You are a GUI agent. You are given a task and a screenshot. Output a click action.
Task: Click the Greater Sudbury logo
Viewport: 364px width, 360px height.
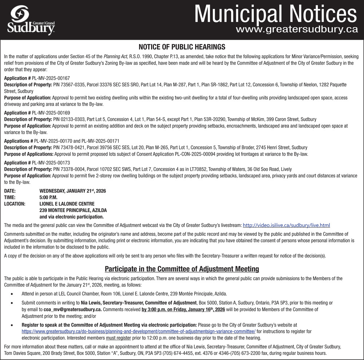pos(31,20)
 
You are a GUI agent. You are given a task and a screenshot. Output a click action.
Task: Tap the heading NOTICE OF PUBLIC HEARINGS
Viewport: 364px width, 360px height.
pos(182,47)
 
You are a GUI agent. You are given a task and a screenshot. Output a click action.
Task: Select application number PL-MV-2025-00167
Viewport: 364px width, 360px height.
pos(51,78)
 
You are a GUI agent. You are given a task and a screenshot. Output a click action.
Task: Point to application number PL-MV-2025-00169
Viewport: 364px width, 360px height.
pos(51,113)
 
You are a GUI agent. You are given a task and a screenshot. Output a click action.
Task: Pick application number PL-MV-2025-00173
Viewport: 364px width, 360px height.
pos(51,163)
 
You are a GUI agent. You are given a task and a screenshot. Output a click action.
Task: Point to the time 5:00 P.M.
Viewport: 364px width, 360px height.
pos(48,197)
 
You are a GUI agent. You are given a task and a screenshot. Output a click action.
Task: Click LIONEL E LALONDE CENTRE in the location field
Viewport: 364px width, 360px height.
pos(67,204)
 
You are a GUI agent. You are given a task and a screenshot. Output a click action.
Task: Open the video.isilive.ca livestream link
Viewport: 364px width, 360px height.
pos(286,225)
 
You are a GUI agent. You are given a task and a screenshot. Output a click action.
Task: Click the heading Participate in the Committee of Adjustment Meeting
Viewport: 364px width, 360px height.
pos(182,269)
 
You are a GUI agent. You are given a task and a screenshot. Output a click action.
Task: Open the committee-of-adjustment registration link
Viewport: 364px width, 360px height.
pos(138,331)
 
